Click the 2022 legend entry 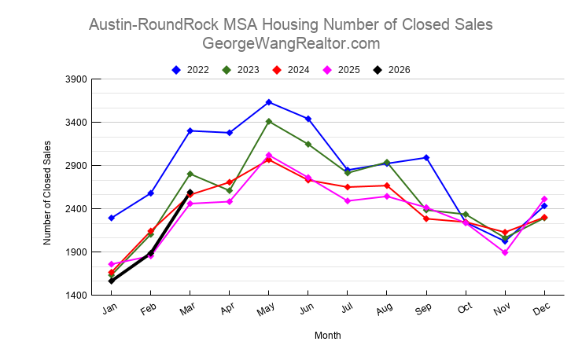pos(191,70)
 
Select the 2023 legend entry pos(241,70)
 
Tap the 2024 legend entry pos(292,70)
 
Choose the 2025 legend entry pos(342,70)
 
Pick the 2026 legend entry pos(392,70)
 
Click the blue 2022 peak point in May pos(269,102)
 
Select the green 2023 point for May pos(269,122)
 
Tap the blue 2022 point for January pos(112,218)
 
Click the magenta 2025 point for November pos(505,252)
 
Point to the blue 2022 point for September pos(426,158)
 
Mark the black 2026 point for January pos(112,281)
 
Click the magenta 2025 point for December pos(544,199)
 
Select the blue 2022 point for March pos(190,130)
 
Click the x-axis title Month pos(328,336)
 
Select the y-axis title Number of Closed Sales pos(48,192)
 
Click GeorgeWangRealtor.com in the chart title pos(291,43)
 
